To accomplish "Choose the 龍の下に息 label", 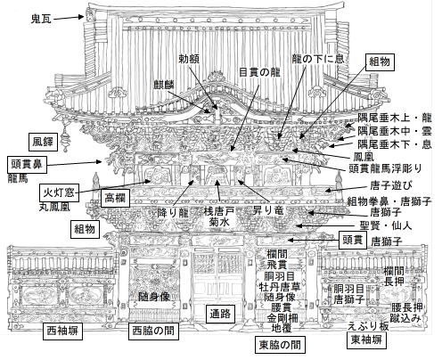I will tap(315, 61).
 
